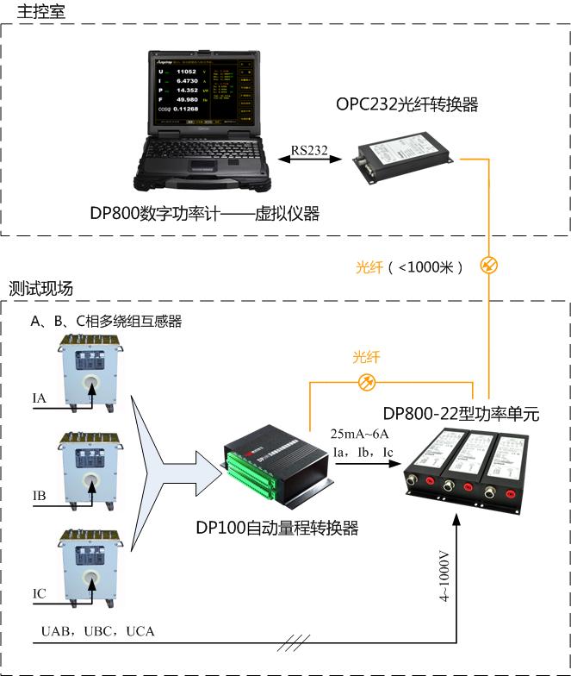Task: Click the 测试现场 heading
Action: [x=41, y=288]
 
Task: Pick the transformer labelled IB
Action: [x=90, y=472]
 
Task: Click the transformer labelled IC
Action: [x=90, y=567]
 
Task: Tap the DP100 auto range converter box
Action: [x=277, y=471]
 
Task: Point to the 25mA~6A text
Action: [x=366, y=433]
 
